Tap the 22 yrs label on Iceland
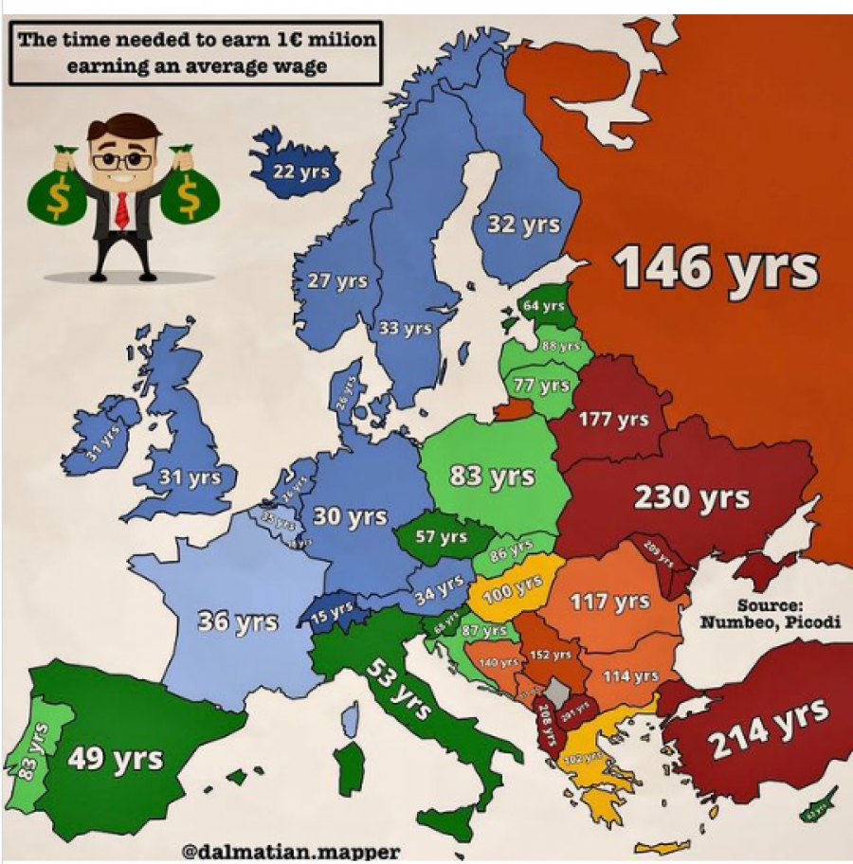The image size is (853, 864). (x=301, y=171)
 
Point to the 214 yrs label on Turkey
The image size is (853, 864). (x=769, y=727)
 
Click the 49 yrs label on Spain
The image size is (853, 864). (x=115, y=759)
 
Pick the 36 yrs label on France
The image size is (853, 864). (x=238, y=622)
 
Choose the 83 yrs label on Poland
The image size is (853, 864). (x=491, y=476)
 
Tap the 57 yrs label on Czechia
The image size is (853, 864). (x=441, y=536)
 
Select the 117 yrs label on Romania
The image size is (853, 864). (x=609, y=602)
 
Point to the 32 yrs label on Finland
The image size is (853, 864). (x=523, y=225)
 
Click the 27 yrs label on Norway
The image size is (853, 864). (x=337, y=281)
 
